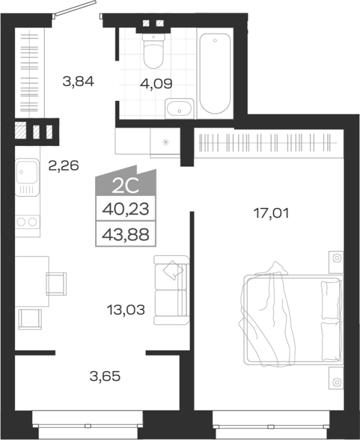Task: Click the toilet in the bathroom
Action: tap(153, 51)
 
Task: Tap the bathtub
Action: tap(215, 73)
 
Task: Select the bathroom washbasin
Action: tap(180, 109)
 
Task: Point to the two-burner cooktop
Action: tap(27, 222)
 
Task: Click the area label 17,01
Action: tap(271, 213)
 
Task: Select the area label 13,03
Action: tap(126, 310)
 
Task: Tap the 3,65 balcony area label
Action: tap(105, 376)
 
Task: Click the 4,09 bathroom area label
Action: tap(156, 84)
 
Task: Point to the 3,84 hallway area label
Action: tap(78, 82)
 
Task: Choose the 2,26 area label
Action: tap(64, 166)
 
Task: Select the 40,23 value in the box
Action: tap(126, 209)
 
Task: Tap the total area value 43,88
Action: tap(126, 234)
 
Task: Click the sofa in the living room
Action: tap(171, 290)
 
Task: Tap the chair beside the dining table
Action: tap(56, 284)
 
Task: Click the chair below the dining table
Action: tap(30, 319)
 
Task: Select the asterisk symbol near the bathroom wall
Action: tap(166, 142)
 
